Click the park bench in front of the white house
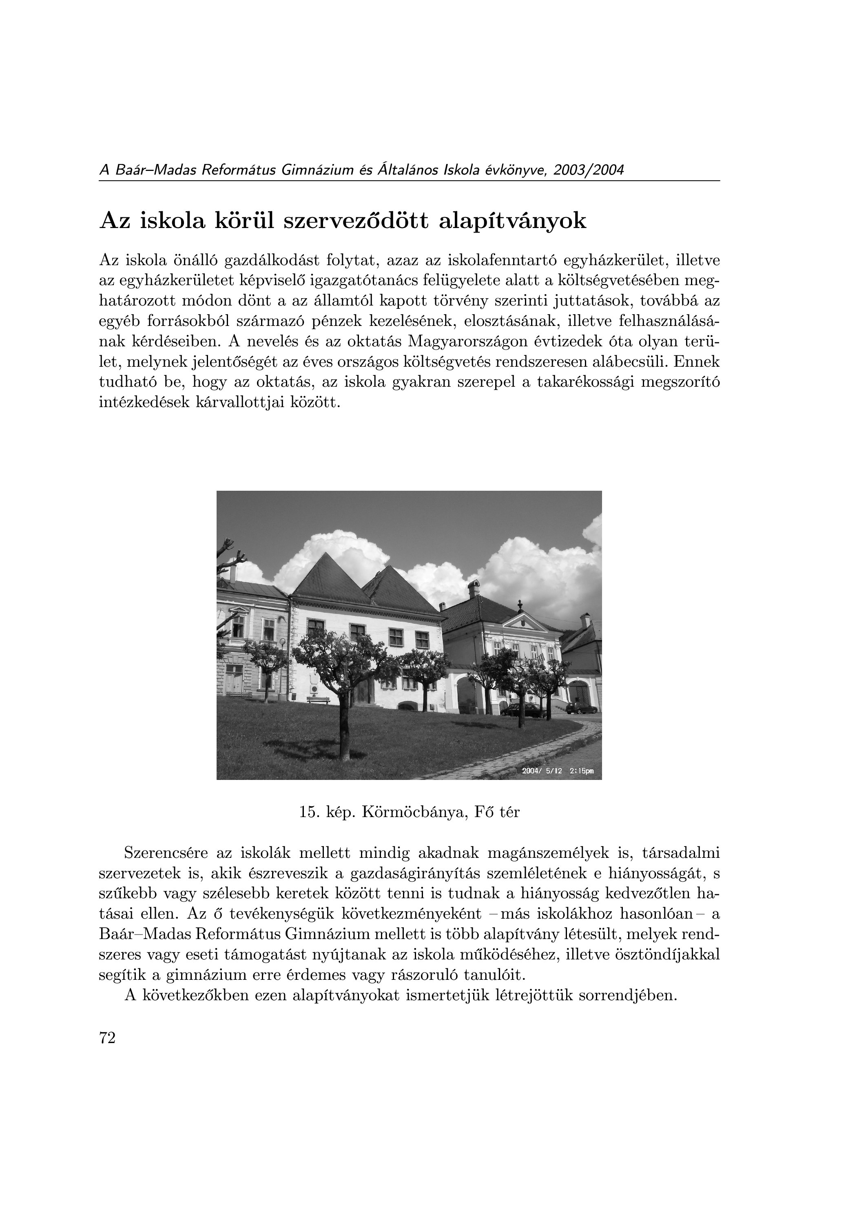point(318,700)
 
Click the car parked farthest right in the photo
point(580,709)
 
